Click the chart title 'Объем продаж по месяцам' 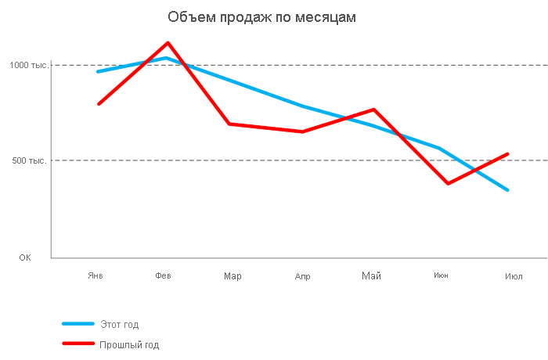tap(262, 16)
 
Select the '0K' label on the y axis tap(25, 257)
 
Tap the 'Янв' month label tap(96, 275)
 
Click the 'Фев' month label tap(164, 275)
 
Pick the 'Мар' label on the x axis tap(233, 276)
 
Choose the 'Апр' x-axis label tap(302, 276)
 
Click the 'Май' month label tap(371, 275)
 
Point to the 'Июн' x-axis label tap(441, 275)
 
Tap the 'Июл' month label tap(514, 276)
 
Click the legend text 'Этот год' tap(119, 325)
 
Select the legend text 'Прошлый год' tap(128, 344)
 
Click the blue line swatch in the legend tap(78, 324)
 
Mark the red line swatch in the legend tap(78, 344)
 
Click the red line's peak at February tap(168, 43)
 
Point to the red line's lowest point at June tap(448, 183)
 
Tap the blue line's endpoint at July tap(507, 189)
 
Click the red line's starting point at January tap(99, 103)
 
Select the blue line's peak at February tap(166, 58)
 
